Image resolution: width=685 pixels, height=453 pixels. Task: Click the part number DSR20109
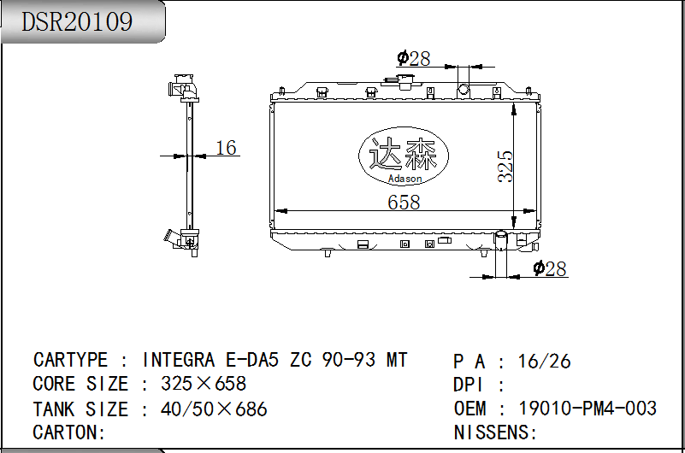coord(77,21)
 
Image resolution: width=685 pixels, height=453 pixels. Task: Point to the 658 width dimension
coord(404,202)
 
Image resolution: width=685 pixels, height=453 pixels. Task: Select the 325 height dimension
coord(505,166)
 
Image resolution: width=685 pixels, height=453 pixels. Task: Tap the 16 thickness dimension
coord(227,148)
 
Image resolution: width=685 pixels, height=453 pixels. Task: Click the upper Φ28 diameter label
coord(413,58)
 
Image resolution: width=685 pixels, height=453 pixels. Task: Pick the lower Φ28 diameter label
coord(550,268)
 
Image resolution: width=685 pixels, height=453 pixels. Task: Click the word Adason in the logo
coord(405,179)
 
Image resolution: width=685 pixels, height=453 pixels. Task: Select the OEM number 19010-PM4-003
coord(588,408)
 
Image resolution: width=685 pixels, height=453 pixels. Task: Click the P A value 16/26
coord(545,362)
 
